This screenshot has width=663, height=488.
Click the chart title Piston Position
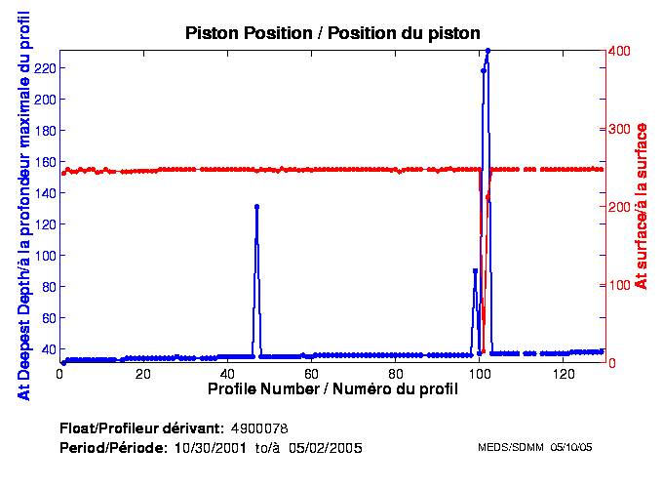(x=332, y=33)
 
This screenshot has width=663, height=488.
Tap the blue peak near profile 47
(x=256, y=207)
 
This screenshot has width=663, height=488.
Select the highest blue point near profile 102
(x=487, y=51)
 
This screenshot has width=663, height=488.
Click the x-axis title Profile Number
(x=331, y=389)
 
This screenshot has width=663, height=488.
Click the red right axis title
(x=641, y=206)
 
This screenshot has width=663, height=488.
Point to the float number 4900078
(x=259, y=428)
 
